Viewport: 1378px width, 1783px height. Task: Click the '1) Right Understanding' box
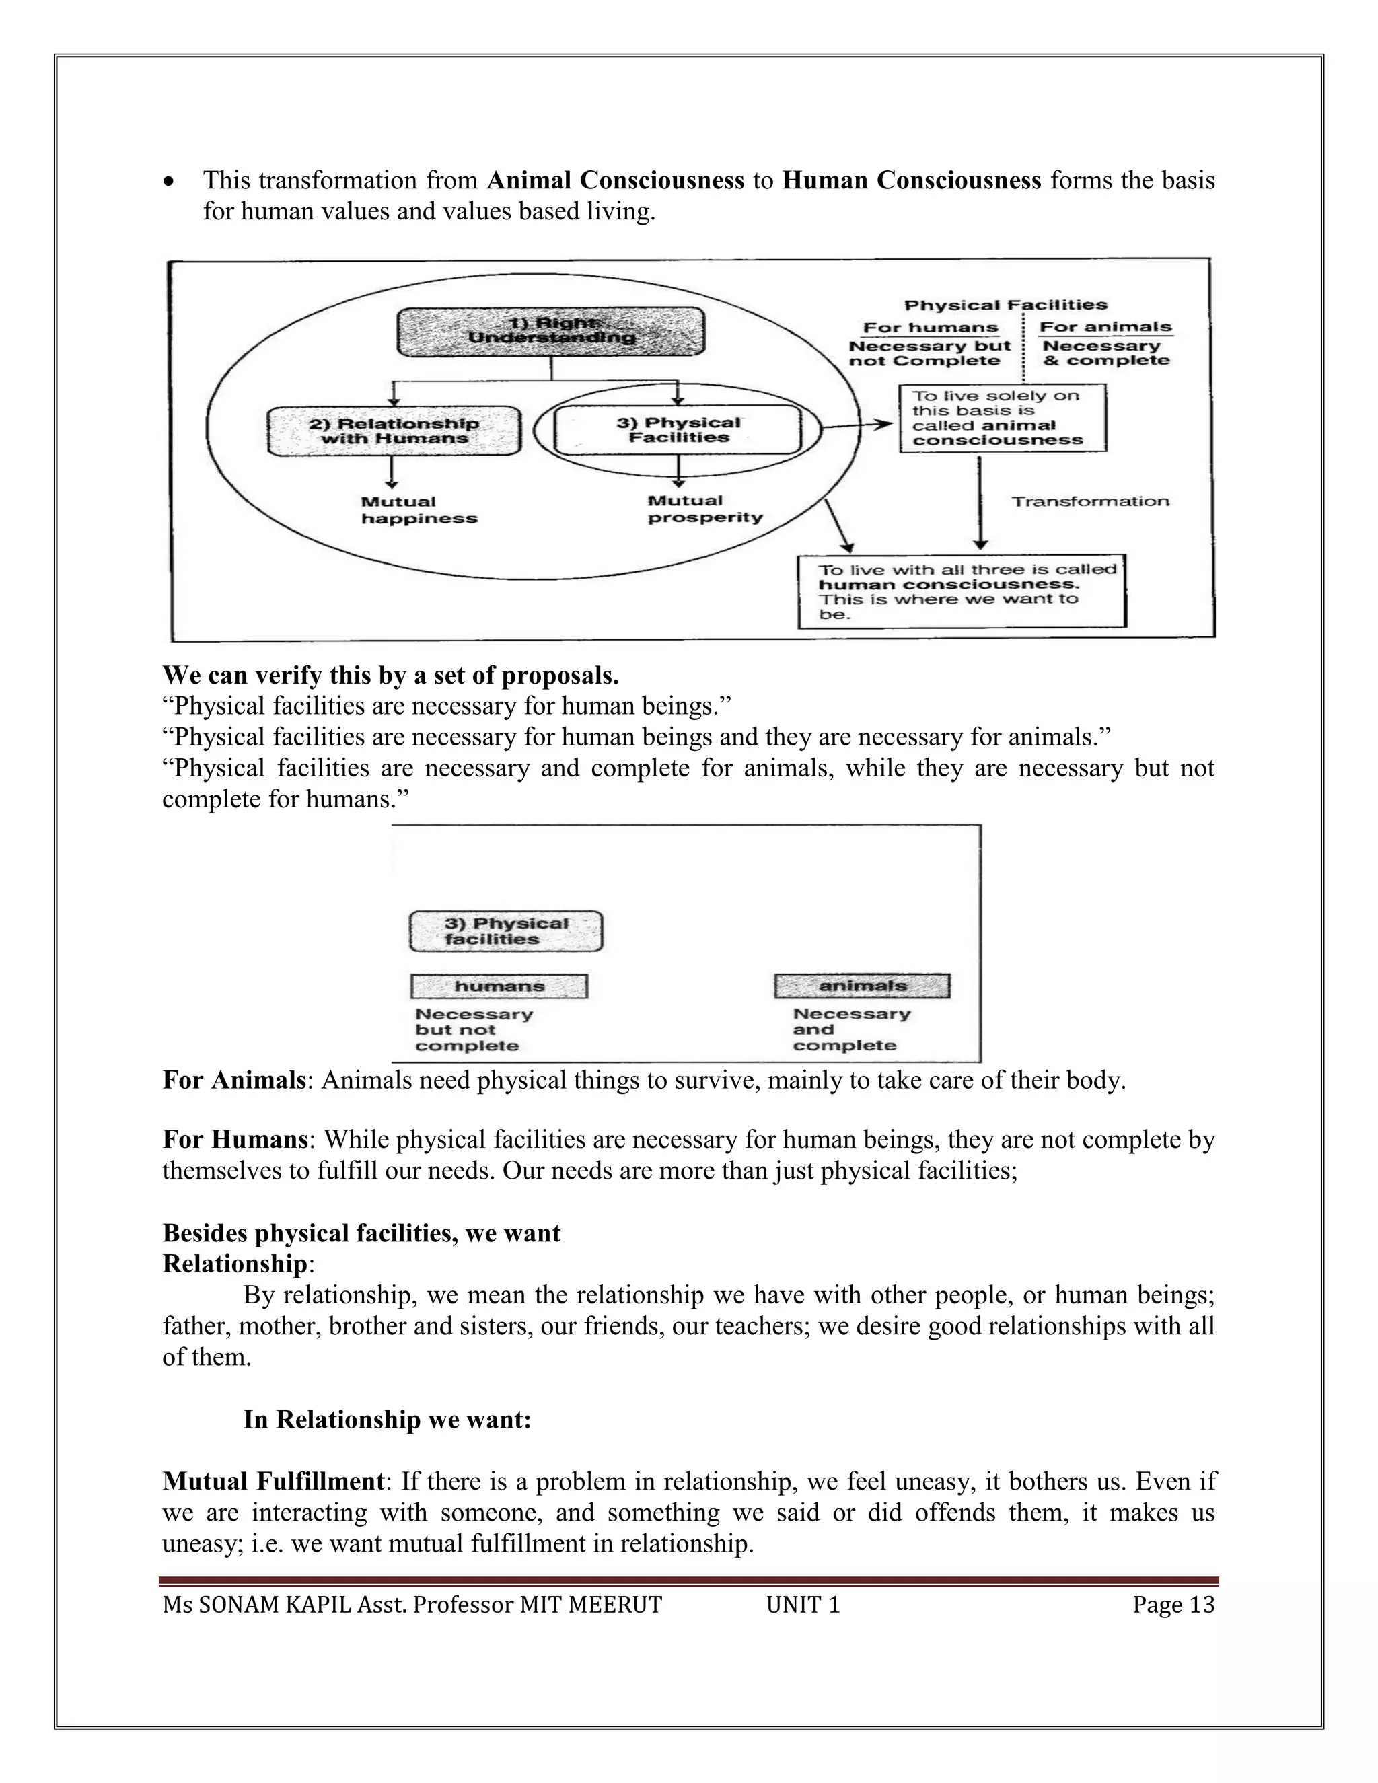(x=551, y=330)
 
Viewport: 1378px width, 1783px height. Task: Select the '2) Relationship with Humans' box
(x=394, y=431)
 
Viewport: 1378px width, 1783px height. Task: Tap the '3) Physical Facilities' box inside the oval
(x=678, y=430)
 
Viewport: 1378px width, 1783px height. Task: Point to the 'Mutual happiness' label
(x=419, y=510)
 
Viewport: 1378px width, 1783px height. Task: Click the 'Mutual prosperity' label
(x=704, y=509)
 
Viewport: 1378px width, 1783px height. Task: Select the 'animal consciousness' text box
(x=1003, y=418)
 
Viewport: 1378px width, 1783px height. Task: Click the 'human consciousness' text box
(x=962, y=592)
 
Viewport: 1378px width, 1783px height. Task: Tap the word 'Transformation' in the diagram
(x=1090, y=501)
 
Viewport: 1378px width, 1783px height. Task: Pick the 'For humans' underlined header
(x=931, y=328)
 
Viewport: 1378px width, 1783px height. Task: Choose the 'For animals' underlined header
(x=1105, y=326)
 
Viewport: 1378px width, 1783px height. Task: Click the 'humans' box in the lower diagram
(x=499, y=986)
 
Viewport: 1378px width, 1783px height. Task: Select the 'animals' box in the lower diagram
(x=862, y=986)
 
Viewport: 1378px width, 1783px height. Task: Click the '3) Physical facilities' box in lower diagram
(x=505, y=931)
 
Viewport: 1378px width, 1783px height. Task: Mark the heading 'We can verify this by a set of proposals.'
(x=390, y=675)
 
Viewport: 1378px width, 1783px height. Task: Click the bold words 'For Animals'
(x=233, y=1080)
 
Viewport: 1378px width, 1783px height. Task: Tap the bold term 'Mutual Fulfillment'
(x=273, y=1481)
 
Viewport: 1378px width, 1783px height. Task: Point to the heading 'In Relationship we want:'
(x=387, y=1420)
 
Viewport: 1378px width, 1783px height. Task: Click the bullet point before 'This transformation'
(x=168, y=181)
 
